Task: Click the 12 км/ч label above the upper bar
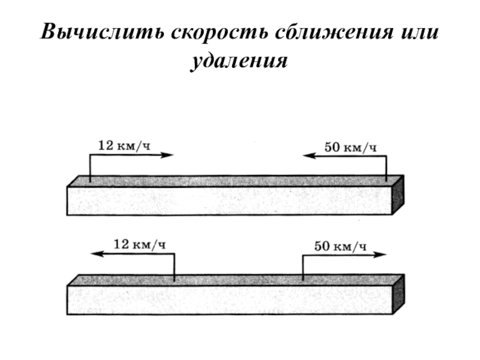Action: (x=123, y=145)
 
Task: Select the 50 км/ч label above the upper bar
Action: (x=350, y=146)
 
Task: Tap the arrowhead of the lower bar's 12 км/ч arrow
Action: (x=97, y=254)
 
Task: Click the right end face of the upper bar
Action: (x=398, y=194)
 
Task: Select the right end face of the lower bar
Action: (x=398, y=293)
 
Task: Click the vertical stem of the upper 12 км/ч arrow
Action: (x=90, y=168)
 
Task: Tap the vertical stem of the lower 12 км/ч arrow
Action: (x=174, y=267)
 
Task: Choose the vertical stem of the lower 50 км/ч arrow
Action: (x=303, y=267)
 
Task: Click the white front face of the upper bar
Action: (x=228, y=201)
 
